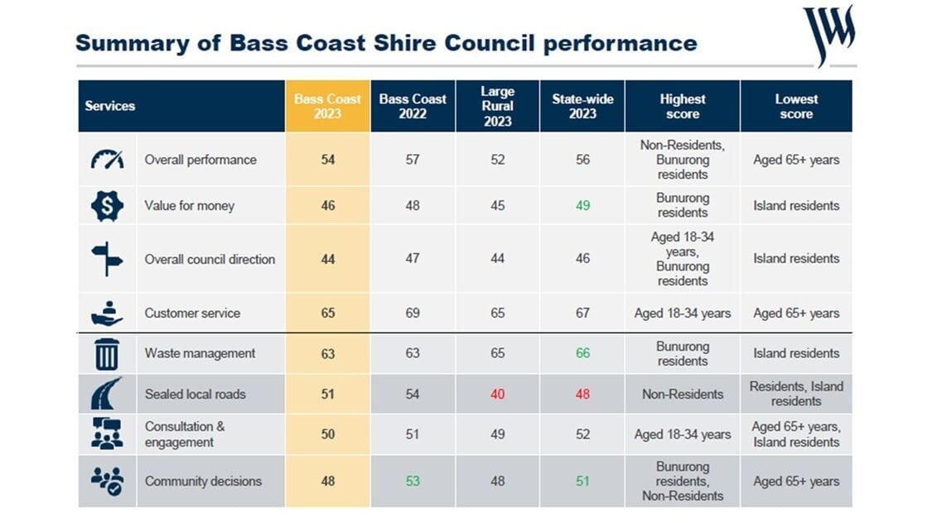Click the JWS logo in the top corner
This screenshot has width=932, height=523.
828,33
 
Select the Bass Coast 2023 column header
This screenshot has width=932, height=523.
327,106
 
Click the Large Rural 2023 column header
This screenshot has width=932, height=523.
497,106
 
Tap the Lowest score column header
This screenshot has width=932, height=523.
795,106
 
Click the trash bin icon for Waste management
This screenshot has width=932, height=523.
107,353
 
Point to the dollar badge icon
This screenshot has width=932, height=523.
107,205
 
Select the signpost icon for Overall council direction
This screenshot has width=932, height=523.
107,259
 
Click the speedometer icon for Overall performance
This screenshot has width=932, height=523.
107,160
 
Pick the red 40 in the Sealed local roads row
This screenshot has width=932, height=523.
497,394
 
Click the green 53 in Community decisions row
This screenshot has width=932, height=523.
413,481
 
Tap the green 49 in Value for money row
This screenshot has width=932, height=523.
582,205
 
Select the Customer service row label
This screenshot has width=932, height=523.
192,314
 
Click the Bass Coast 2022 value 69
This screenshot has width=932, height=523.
413,314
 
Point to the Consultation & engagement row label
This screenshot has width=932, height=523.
185,434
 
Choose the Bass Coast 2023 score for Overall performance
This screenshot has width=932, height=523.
327,160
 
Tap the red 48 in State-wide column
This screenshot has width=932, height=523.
582,394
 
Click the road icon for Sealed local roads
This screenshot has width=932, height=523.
107,394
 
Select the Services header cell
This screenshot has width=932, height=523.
110,106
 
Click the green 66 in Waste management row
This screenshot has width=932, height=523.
582,353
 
